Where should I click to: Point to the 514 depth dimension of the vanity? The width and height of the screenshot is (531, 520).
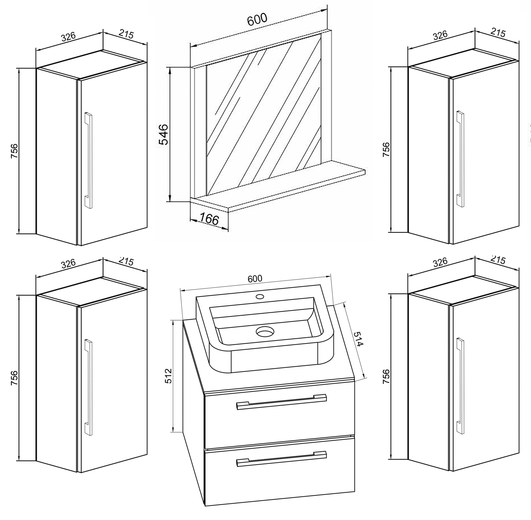click(358, 339)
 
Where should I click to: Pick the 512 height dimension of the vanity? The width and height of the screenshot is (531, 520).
click(168, 376)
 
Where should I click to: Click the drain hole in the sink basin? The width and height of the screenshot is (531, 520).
click(265, 332)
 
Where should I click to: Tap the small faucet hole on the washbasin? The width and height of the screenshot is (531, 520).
click(260, 296)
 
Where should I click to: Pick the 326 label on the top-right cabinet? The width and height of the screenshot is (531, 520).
click(440, 35)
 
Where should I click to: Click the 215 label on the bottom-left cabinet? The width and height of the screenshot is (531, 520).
click(126, 261)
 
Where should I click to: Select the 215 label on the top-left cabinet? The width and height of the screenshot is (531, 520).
click(126, 35)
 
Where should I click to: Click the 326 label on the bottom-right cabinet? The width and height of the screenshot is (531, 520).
click(440, 262)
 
